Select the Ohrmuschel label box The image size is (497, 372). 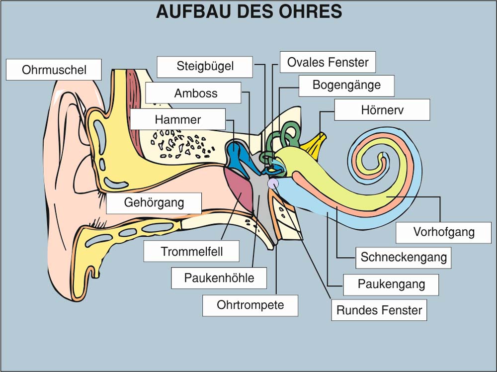click(54, 70)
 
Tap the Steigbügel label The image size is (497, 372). click(205, 66)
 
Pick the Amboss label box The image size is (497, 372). click(195, 93)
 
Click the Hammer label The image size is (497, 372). click(177, 119)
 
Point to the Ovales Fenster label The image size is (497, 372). click(328, 62)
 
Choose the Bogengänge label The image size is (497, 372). click(346, 85)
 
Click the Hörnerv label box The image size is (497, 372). click(382, 110)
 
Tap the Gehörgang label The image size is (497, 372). click(154, 203)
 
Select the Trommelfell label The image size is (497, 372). click(191, 252)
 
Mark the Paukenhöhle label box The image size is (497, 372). click(219, 278)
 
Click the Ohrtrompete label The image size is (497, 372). click(250, 305)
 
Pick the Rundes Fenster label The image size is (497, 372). click(379, 310)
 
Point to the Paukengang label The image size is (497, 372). click(391, 284)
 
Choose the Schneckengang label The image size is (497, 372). click(403, 258)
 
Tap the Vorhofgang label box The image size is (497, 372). click(443, 232)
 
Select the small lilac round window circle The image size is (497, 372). click(273, 184)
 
